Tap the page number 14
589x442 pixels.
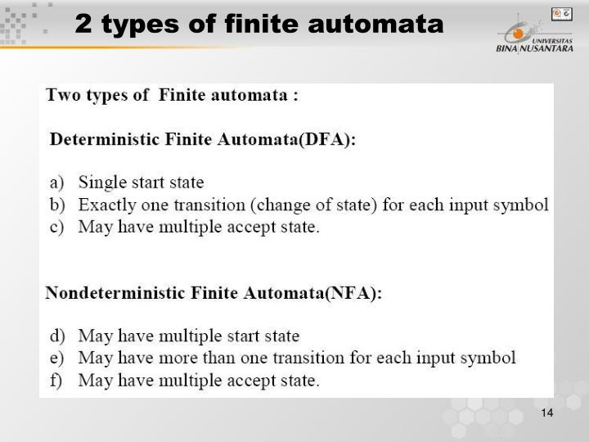click(547, 413)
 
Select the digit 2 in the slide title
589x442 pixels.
click(82, 25)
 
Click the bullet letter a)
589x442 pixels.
click(56, 183)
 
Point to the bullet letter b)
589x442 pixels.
click(56, 205)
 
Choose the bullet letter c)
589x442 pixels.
click(56, 227)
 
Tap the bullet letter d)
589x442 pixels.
click(56, 336)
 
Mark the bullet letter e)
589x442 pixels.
click(56, 358)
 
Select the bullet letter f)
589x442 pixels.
click(56, 380)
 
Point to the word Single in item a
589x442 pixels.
click(100, 183)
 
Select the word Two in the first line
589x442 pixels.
click(62, 95)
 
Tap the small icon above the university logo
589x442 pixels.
click(561, 13)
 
